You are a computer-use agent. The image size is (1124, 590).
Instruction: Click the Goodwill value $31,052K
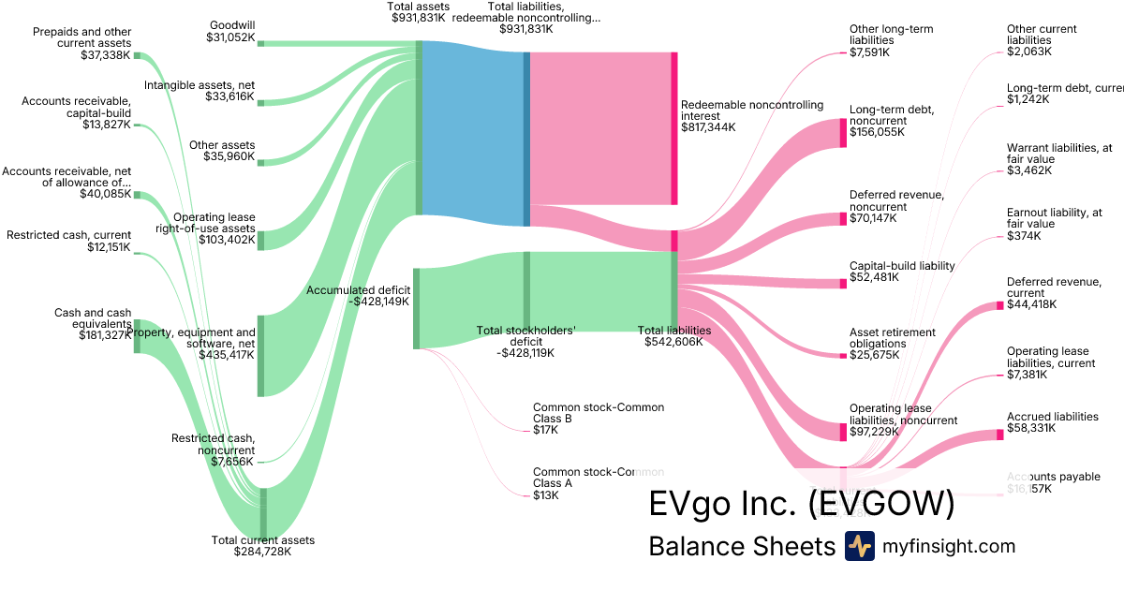click(x=229, y=37)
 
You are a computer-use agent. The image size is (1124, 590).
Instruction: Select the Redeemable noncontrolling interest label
click(x=752, y=111)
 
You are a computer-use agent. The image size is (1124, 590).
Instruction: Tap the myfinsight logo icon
click(x=859, y=546)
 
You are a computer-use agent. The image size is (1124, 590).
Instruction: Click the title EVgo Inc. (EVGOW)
click(x=802, y=504)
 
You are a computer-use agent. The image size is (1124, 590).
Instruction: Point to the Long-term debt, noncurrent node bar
click(x=843, y=133)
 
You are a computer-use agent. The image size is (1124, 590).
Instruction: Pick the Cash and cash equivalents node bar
click(x=137, y=335)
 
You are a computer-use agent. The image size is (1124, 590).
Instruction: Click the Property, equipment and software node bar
click(x=261, y=356)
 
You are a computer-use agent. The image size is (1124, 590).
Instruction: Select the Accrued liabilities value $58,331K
click(x=1031, y=428)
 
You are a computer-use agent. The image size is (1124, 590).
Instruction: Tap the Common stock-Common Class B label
click(x=599, y=413)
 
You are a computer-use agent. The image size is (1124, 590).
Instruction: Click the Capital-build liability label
click(x=902, y=266)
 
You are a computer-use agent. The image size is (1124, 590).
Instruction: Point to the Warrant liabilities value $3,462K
click(x=1029, y=170)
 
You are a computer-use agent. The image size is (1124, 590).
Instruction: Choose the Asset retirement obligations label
click(x=892, y=338)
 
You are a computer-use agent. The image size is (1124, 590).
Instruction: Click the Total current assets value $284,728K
click(x=262, y=552)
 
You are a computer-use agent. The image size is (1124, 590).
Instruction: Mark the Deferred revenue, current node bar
click(x=999, y=305)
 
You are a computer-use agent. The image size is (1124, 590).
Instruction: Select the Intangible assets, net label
click(x=200, y=85)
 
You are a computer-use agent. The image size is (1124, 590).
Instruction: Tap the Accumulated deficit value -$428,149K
click(x=372, y=302)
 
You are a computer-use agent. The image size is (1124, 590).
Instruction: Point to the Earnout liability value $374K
click(x=1024, y=236)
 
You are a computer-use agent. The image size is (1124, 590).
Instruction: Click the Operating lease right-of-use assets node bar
click(x=261, y=240)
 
